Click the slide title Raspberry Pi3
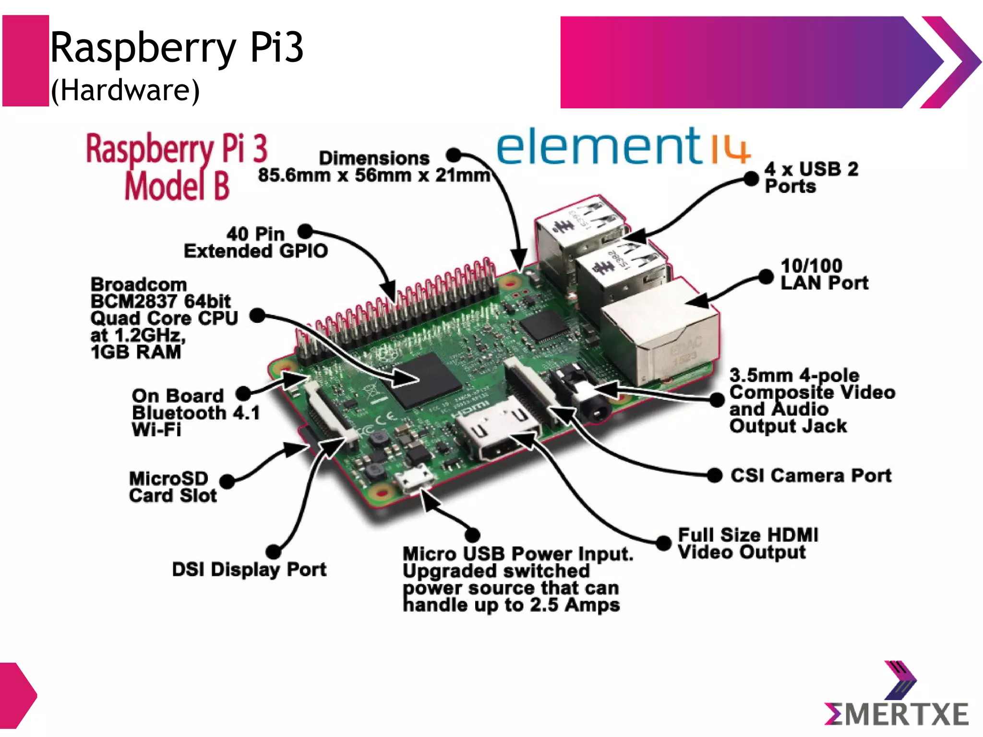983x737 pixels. coord(177,48)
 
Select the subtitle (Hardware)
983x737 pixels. coord(125,90)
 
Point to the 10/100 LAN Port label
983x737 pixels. coord(824,274)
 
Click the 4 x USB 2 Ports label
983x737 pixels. coord(811,178)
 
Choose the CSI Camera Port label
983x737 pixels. coord(811,475)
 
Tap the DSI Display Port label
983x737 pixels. coord(249,570)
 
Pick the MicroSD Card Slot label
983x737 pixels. coord(173,487)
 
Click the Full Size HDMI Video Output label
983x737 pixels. coord(747,544)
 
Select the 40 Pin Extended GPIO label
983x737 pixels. coord(256,243)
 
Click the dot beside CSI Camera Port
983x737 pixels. coord(715,475)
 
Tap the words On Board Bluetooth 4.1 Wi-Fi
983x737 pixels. coord(195,413)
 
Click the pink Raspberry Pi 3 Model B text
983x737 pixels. coord(177,166)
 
